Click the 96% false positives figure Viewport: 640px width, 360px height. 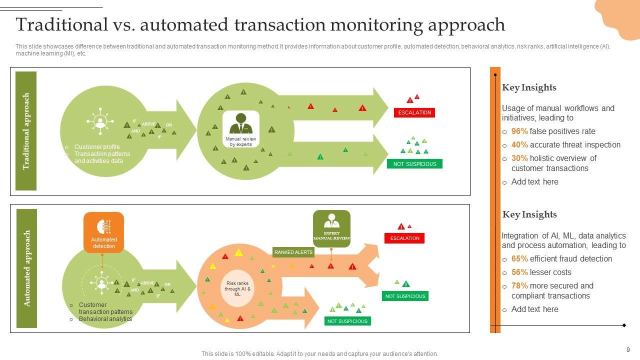[x=519, y=131]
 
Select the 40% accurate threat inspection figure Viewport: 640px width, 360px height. [x=519, y=145]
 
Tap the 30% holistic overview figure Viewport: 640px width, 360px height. [x=519, y=158]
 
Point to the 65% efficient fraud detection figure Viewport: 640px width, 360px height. [x=519, y=259]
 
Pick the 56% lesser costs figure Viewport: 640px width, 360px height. [x=519, y=272]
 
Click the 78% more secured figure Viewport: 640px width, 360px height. [x=519, y=286]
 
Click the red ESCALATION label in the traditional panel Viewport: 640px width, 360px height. [x=414, y=112]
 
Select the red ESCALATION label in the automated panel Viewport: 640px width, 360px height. [x=404, y=238]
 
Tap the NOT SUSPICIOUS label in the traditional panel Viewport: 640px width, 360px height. [x=414, y=164]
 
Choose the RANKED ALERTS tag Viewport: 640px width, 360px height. [x=293, y=252]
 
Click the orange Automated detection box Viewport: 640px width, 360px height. [x=103, y=232]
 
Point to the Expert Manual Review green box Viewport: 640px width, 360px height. [x=331, y=228]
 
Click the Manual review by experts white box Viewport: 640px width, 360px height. [x=241, y=129]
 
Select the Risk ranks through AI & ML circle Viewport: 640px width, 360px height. [x=237, y=289]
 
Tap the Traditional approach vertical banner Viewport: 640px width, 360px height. [x=26, y=131]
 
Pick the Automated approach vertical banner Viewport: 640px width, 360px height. [x=27, y=268]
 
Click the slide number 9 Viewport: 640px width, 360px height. [x=628, y=350]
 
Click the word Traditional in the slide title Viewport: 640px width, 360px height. [x=61, y=24]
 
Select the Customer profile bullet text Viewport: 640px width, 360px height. [x=97, y=147]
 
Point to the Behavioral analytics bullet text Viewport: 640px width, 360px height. [x=105, y=319]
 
